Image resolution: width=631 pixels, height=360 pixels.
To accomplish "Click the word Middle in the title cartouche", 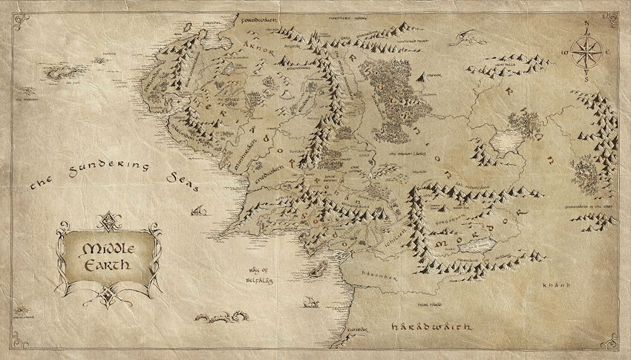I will pos(109,249).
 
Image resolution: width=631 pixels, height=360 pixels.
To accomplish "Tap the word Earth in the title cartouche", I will pos(109,264).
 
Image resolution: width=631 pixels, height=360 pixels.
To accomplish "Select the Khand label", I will pos(555,284).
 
